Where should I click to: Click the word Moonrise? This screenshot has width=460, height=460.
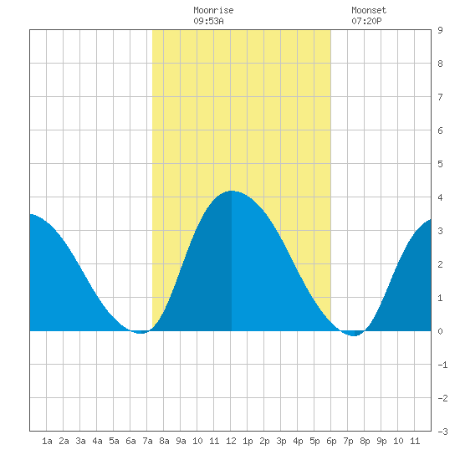pyautogui.click(x=213, y=10)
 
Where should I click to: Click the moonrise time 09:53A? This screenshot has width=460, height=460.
pyautogui.click(x=208, y=21)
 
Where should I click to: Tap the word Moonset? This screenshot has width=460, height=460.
pyautogui.click(x=369, y=10)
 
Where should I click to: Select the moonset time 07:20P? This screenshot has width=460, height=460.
pyautogui.click(x=366, y=21)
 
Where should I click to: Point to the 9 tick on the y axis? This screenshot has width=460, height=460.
pyautogui.click(x=440, y=30)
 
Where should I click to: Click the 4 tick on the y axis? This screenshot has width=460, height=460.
pyautogui.click(x=440, y=197)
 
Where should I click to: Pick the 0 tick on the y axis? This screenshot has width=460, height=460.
pyautogui.click(x=440, y=331)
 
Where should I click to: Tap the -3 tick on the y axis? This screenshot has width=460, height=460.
pyautogui.click(x=442, y=432)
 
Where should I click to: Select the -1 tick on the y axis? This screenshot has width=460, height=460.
pyautogui.click(x=442, y=365)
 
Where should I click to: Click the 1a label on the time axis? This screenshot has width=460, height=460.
pyautogui.click(x=47, y=441)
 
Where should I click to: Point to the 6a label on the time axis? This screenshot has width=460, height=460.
pyautogui.click(x=130, y=441)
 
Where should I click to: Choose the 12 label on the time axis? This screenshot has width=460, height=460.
pyautogui.click(x=231, y=441)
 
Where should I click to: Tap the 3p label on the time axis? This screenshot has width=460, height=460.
pyautogui.click(x=281, y=441)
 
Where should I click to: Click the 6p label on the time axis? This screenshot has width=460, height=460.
pyautogui.click(x=331, y=441)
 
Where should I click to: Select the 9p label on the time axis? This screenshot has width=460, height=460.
pyautogui.click(x=381, y=441)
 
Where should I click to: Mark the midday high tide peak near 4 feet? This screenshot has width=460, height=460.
pyautogui.click(x=232, y=191)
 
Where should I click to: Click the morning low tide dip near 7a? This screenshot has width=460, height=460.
pyautogui.click(x=141, y=333)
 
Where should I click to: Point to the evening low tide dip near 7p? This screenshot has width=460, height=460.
pyautogui.click(x=354, y=335)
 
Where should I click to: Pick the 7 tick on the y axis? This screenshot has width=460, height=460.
pyautogui.click(x=440, y=97)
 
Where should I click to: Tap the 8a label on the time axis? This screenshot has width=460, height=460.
pyautogui.click(x=164, y=441)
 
